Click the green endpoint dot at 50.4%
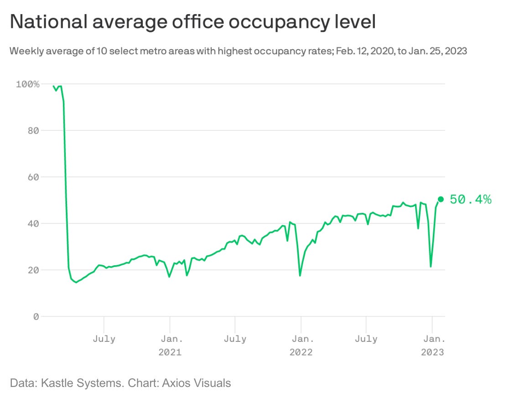(x=441, y=199)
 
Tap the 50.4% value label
(x=471, y=199)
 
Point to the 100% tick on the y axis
(x=28, y=84)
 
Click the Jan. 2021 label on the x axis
(x=170, y=345)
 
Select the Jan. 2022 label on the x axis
(x=301, y=345)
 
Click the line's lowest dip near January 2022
(x=300, y=276)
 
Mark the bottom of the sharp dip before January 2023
(x=431, y=267)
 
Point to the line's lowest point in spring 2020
(x=76, y=283)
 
